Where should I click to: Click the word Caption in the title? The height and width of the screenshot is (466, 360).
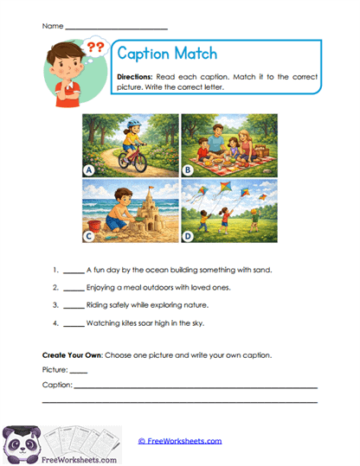[145, 55]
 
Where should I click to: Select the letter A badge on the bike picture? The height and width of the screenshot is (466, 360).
[89, 169]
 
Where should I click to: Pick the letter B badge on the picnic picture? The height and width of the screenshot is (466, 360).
[187, 169]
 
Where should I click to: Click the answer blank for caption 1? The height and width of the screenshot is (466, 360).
[74, 271]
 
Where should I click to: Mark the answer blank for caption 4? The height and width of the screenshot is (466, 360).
[74, 324]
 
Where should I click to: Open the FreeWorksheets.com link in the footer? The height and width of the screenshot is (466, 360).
[180, 441]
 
